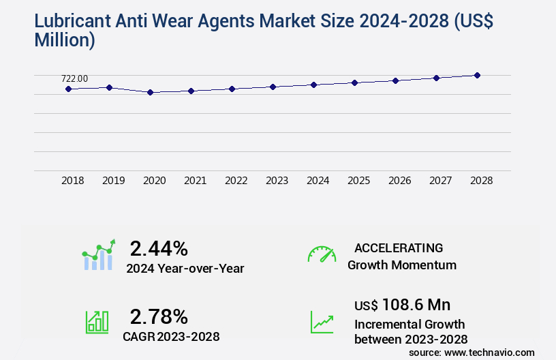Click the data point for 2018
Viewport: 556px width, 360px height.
click(68, 89)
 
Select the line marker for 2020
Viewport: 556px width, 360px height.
click(150, 92)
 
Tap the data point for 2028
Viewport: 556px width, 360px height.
click(477, 75)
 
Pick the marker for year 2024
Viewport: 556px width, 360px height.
click(313, 85)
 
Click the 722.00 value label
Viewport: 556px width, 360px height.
click(74, 78)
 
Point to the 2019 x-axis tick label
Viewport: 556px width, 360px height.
click(114, 181)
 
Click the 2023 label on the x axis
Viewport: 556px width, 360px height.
click(277, 181)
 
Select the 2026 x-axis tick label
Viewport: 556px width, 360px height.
click(400, 181)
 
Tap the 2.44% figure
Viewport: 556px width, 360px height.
click(159, 248)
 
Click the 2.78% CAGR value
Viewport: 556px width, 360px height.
click(159, 316)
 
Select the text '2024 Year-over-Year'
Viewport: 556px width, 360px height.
click(185, 269)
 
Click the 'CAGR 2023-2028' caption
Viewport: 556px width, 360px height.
click(171, 336)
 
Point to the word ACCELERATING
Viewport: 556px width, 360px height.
click(399, 248)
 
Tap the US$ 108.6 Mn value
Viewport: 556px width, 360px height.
click(402, 304)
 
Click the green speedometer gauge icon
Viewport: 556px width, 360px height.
click(322, 254)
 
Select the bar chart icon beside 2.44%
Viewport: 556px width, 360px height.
click(98, 255)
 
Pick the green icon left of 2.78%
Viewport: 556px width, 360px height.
click(97, 322)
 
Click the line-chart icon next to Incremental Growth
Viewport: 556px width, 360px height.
click(322, 322)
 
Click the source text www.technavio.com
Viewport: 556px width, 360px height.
click(489, 352)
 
